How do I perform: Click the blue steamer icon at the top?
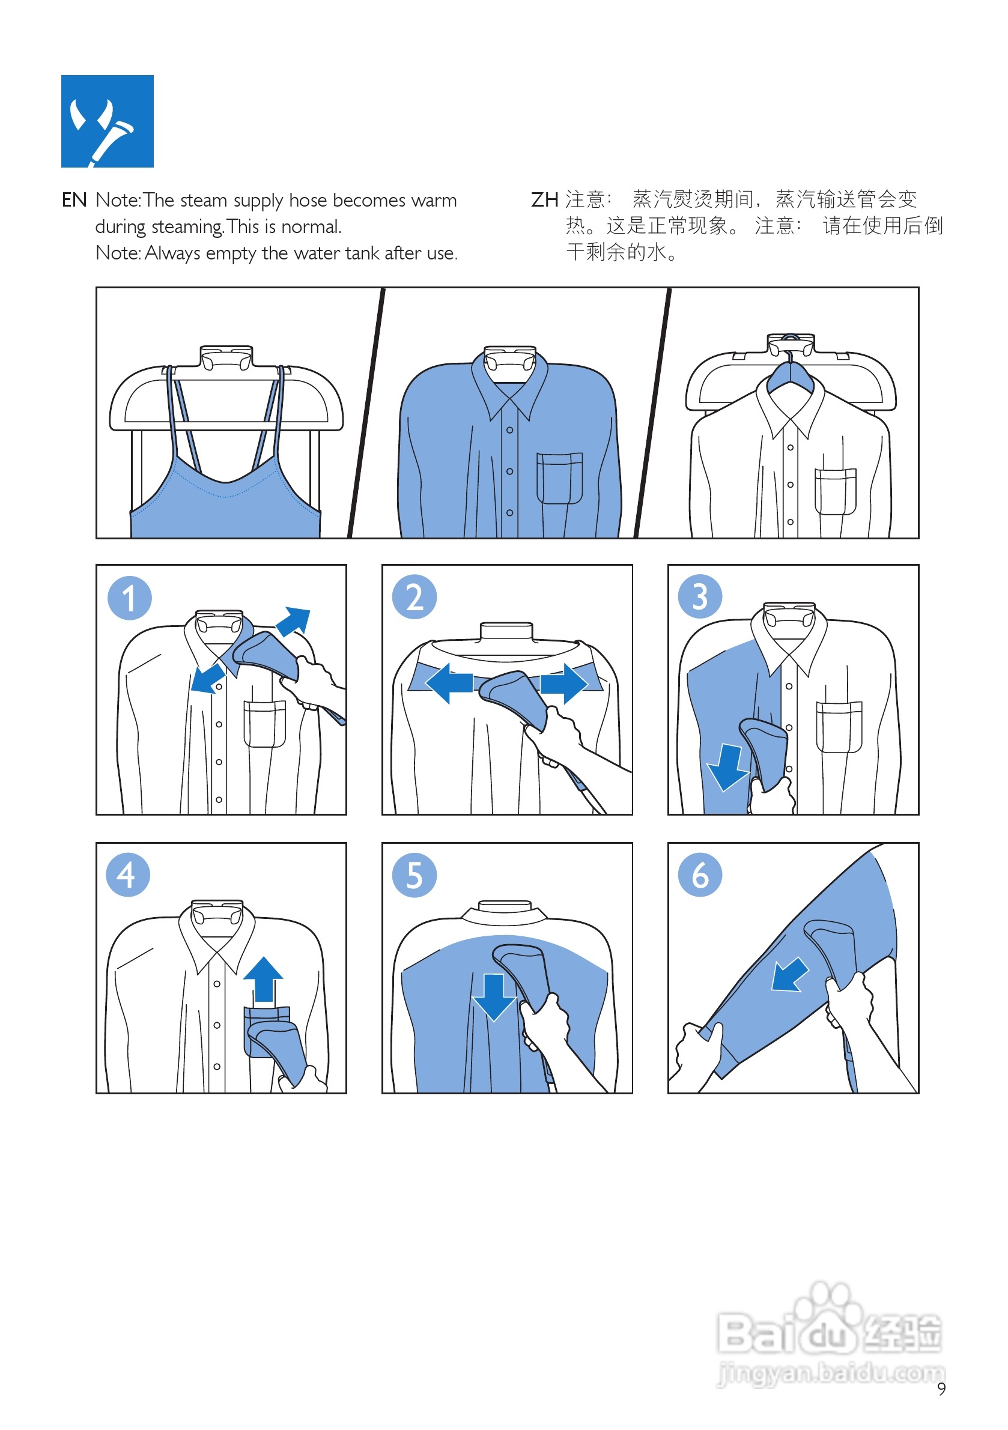pos(107,121)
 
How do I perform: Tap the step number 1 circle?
pos(130,598)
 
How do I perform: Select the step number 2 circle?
pos(414,596)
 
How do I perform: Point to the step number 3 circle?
pos(700,596)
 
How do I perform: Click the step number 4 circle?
pos(129,874)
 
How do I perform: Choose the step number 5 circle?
pos(414,875)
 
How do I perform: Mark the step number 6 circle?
pos(700,874)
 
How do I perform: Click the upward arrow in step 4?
pos(263,979)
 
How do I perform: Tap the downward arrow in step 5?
pos(494,997)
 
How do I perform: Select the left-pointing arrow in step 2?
pos(449,683)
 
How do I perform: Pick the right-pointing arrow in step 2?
pos(564,683)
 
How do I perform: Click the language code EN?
pos(74,200)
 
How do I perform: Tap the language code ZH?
pos(544,200)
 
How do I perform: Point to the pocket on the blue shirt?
pos(559,478)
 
